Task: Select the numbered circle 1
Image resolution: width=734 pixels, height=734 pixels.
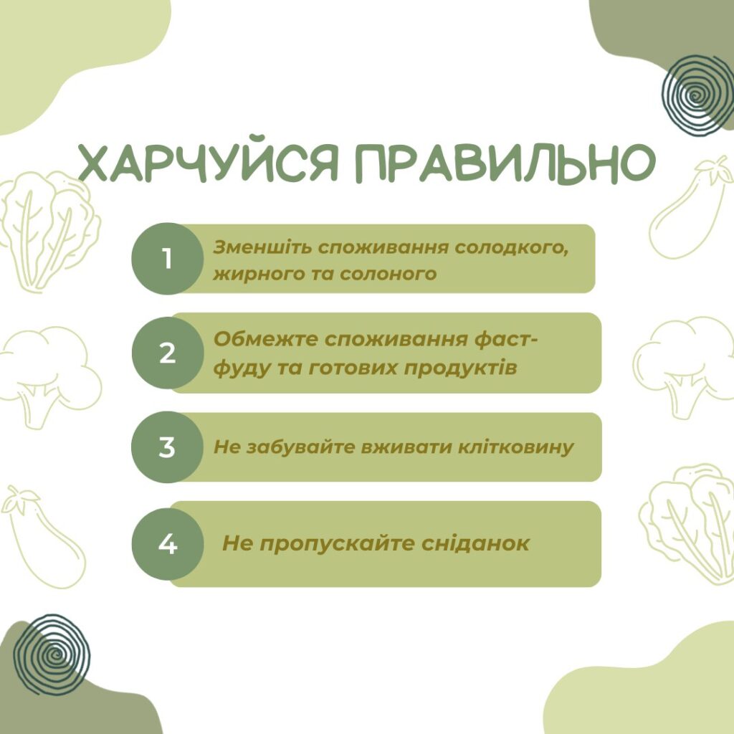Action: coord(168,259)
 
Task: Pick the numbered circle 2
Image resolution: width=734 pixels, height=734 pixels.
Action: coord(168,353)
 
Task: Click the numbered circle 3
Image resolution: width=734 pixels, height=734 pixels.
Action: coord(168,447)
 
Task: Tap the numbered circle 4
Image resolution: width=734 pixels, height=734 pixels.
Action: coord(168,544)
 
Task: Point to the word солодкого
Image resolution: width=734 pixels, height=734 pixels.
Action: coord(512,248)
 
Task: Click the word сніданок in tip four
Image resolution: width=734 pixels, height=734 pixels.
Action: coord(475,543)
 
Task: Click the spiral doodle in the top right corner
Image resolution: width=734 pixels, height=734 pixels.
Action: coord(696,95)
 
